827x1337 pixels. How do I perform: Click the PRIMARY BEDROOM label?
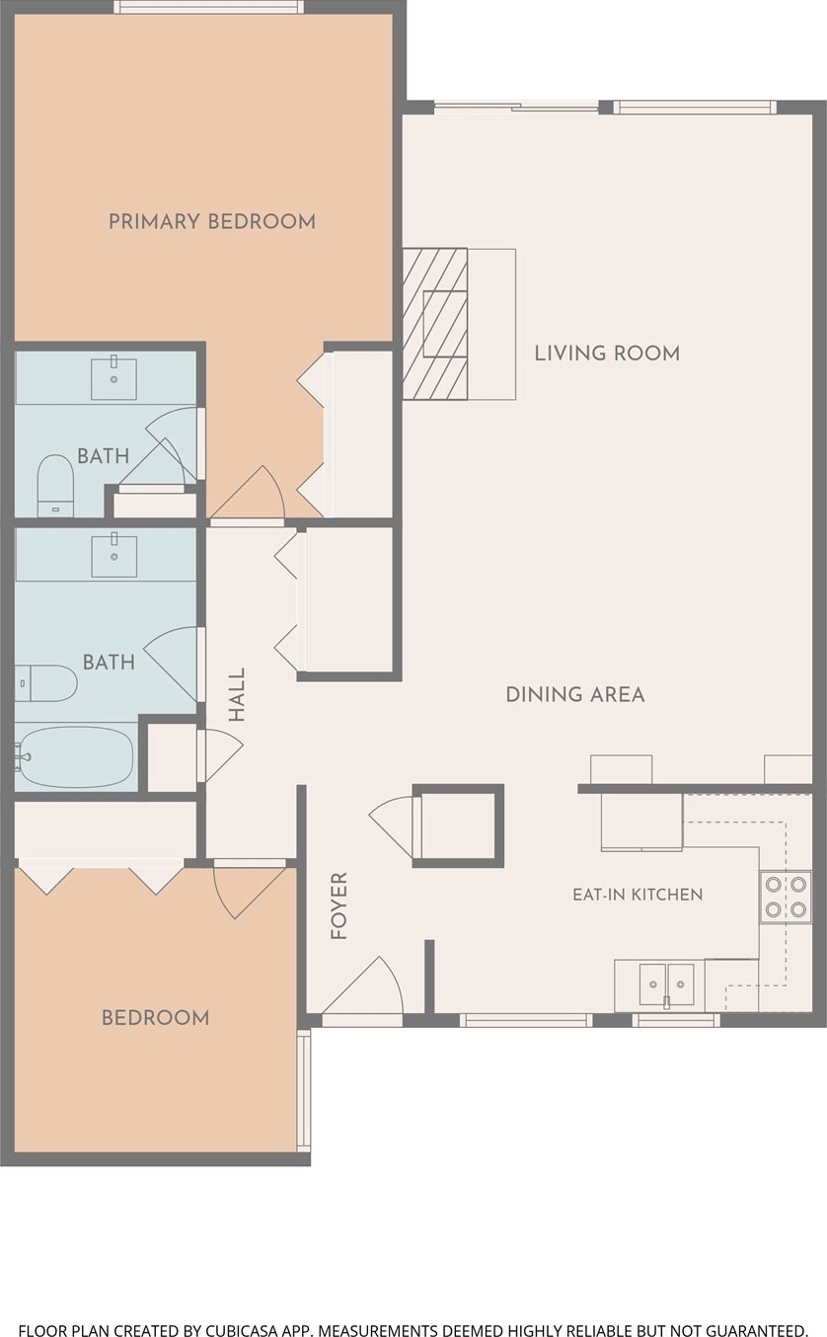[x=212, y=222]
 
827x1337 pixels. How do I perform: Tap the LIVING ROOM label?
[x=607, y=354]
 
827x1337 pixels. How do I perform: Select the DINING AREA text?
[x=575, y=695]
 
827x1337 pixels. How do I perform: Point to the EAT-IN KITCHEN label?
[x=638, y=895]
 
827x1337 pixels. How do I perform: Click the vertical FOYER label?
[x=338, y=906]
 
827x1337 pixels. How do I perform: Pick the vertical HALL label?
[x=237, y=694]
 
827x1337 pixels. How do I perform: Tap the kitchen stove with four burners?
[x=786, y=897]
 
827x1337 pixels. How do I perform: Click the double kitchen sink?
[x=666, y=984]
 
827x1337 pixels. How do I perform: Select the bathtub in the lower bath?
[x=75, y=756]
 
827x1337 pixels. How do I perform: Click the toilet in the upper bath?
[x=55, y=485]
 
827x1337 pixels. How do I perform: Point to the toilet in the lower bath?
[x=46, y=683]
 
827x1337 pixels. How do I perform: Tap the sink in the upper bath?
[x=113, y=378]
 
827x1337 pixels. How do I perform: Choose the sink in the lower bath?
[x=113, y=556]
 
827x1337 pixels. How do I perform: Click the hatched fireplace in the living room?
[x=435, y=324]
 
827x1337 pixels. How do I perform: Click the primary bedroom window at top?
[x=210, y=7]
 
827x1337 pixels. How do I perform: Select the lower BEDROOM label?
[x=155, y=1018]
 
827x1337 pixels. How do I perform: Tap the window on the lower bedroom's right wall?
[x=304, y=1091]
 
